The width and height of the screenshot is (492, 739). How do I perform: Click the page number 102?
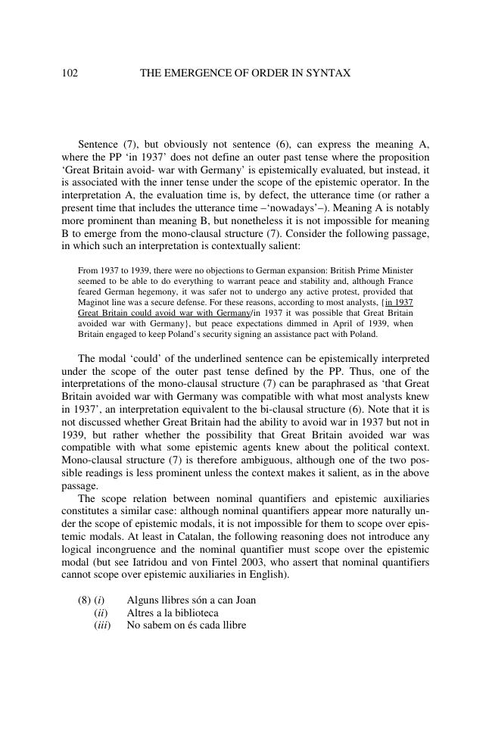point(70,73)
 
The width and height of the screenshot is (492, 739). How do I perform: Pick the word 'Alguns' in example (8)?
point(143,600)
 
